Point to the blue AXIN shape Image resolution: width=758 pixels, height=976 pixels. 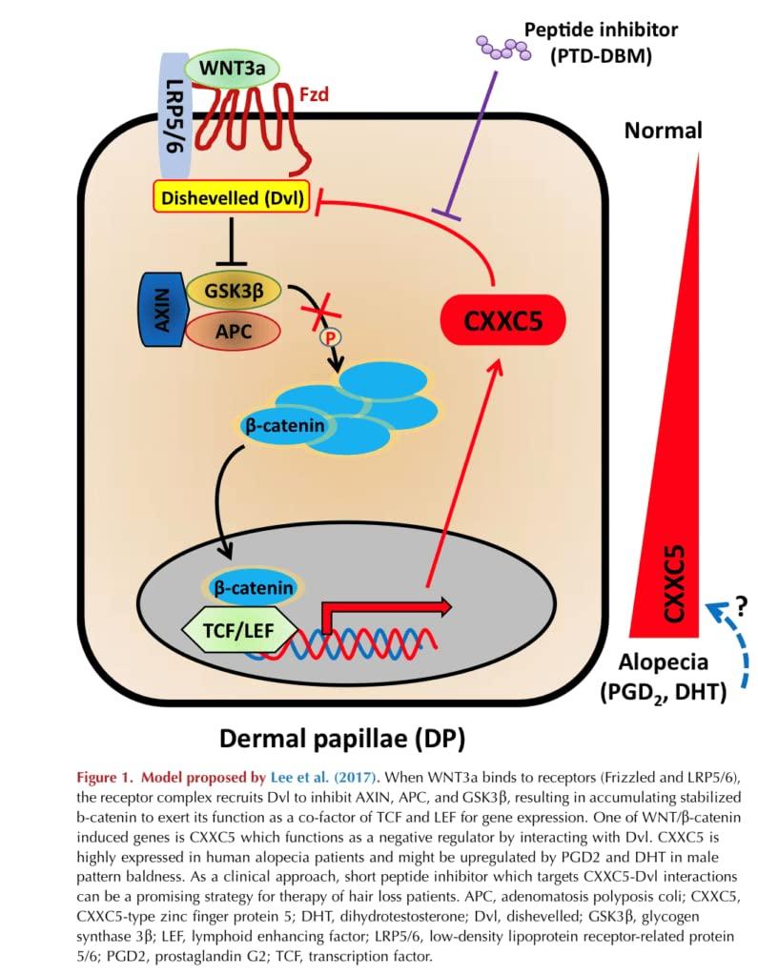pos(159,309)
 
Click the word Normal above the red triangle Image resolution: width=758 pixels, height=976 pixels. pos(663,130)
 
